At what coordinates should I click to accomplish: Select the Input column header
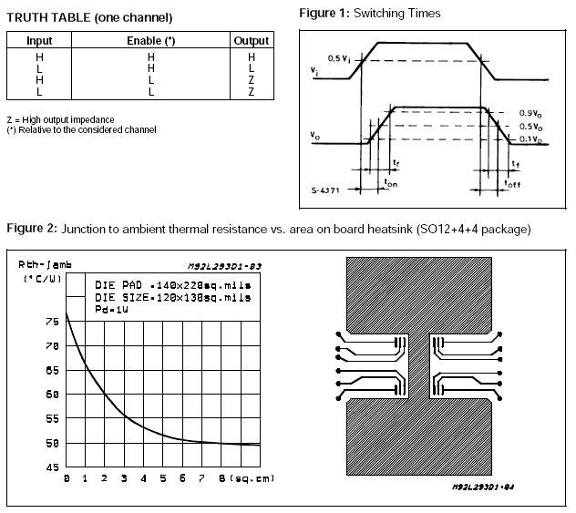[x=39, y=41]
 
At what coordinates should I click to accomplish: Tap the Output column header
[x=251, y=41]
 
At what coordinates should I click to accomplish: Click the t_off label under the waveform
[x=514, y=182]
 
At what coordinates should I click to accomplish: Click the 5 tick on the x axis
[x=162, y=477]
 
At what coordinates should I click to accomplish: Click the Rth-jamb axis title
[x=42, y=263]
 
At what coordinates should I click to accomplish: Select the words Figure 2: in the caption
[x=33, y=227]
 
